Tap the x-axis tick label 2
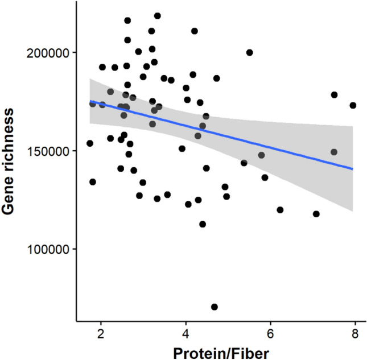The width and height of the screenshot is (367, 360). coord(101,333)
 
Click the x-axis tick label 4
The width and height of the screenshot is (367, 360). coord(185,333)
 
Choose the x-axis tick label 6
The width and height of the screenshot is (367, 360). coord(270,333)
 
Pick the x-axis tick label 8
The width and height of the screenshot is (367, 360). coord(355,333)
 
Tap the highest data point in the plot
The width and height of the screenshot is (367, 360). coord(158,16)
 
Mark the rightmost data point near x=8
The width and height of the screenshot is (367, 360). coord(353,105)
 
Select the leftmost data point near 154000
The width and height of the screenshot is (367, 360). coord(90,143)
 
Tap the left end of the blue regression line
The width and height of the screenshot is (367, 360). coord(89,101)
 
